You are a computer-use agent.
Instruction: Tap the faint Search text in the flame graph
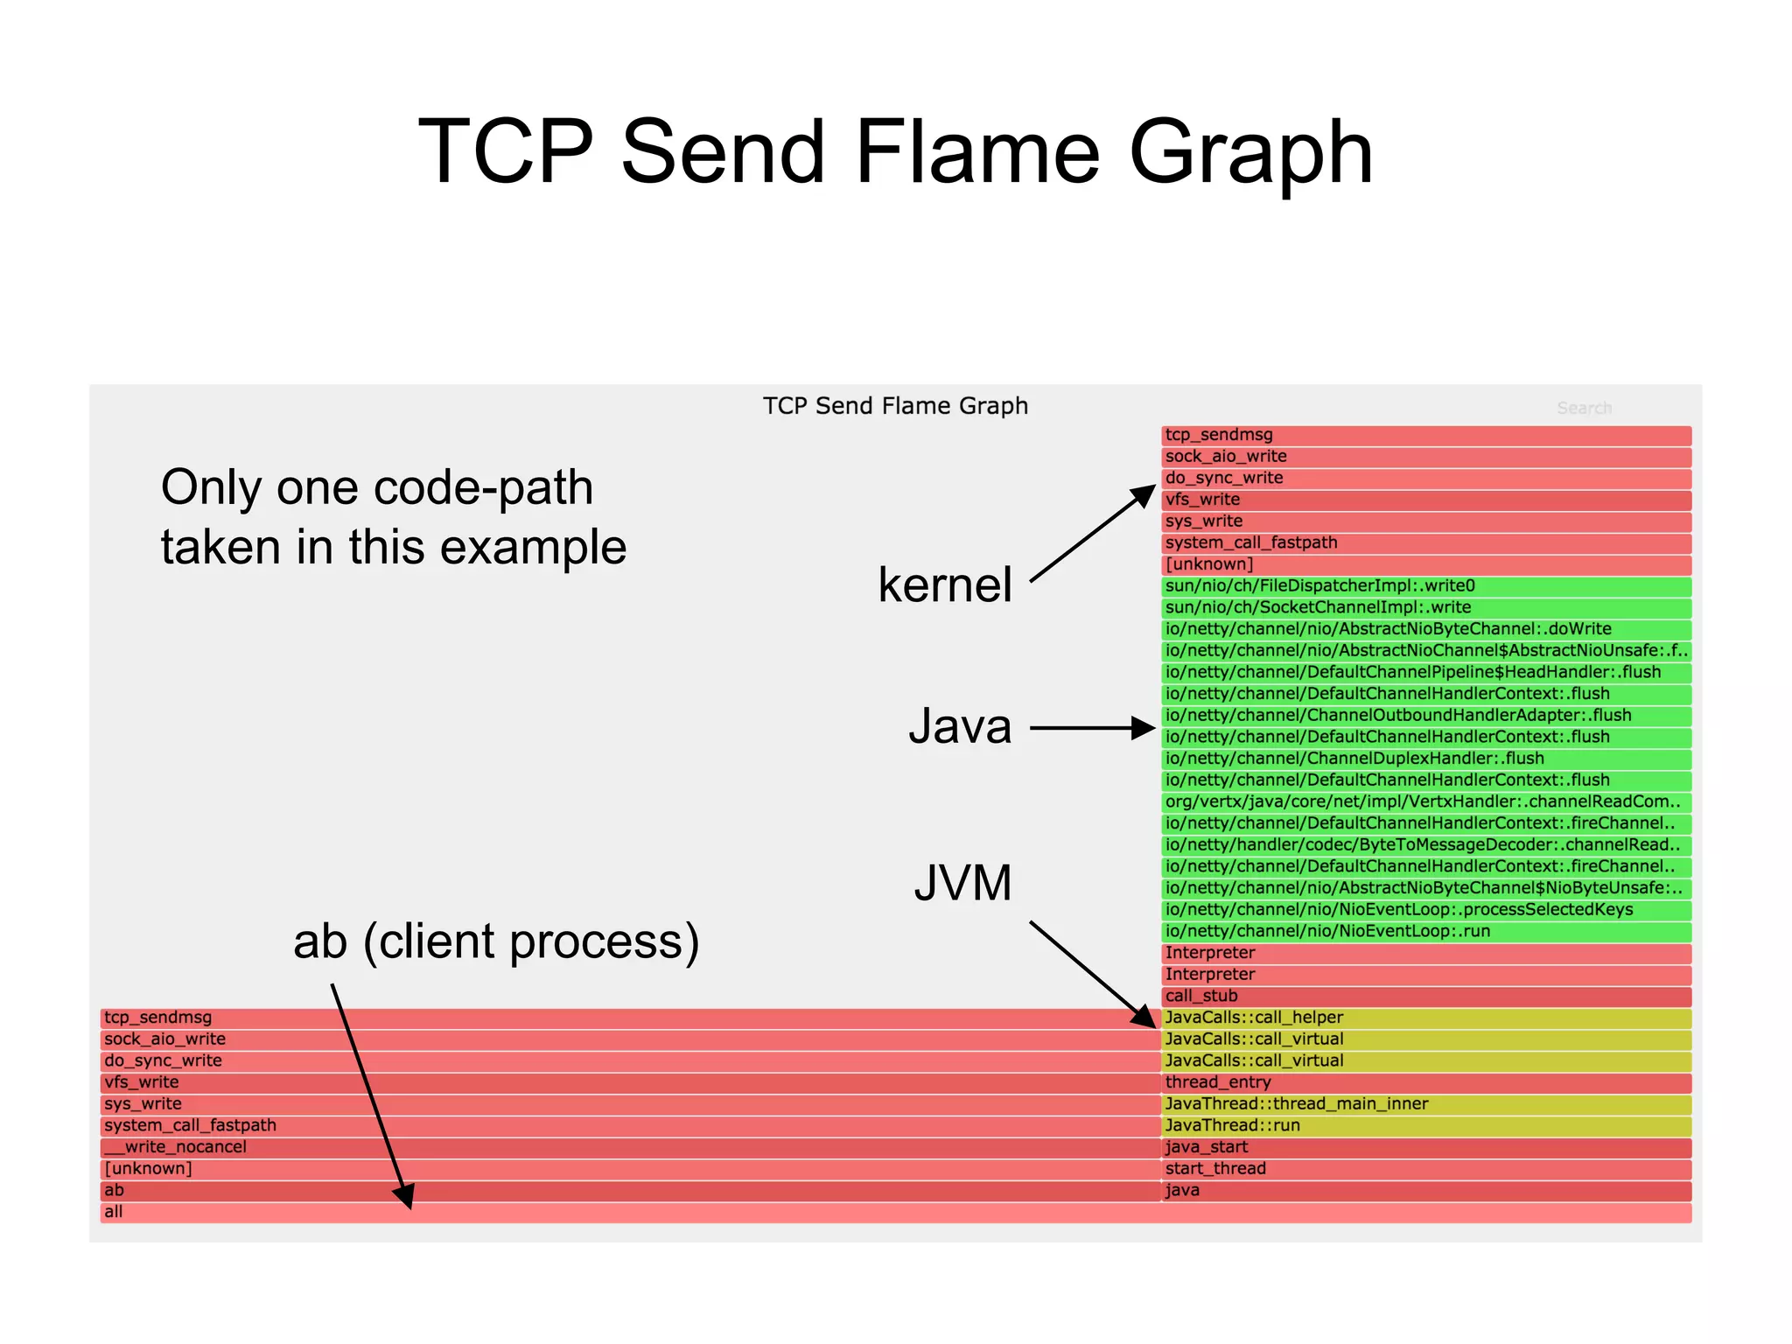click(x=1584, y=408)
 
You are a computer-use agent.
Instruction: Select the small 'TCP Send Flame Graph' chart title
click(x=895, y=406)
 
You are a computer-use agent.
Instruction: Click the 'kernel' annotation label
click(x=945, y=584)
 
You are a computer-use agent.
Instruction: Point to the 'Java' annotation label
click(x=960, y=726)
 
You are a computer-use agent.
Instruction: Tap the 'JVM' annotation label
click(x=962, y=883)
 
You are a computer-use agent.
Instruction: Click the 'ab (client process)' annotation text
click(x=496, y=941)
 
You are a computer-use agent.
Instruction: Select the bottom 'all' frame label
click(x=114, y=1212)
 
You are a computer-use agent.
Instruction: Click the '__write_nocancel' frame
click(x=175, y=1147)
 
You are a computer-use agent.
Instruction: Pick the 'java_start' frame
click(x=1207, y=1147)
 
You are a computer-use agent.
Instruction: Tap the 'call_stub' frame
click(x=1201, y=996)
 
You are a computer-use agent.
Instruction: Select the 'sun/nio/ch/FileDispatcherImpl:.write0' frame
click(x=1319, y=586)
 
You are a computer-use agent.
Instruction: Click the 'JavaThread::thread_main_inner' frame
click(x=1296, y=1104)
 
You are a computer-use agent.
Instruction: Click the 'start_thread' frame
click(x=1215, y=1169)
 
